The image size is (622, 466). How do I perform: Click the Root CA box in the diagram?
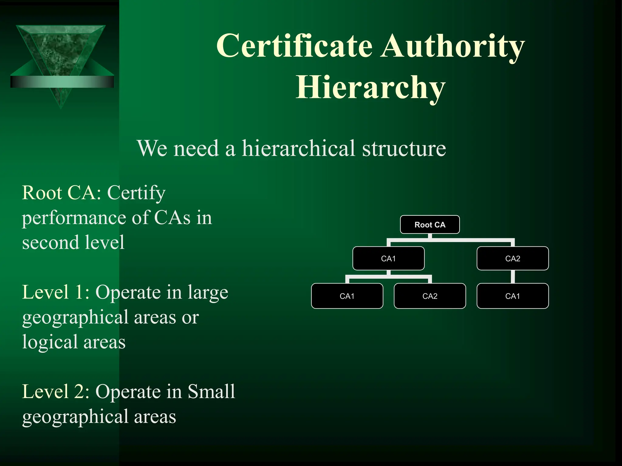[430, 225]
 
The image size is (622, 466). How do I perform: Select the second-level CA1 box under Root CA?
[388, 258]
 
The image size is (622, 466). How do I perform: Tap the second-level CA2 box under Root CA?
[513, 258]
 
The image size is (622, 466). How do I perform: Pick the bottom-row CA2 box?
[430, 296]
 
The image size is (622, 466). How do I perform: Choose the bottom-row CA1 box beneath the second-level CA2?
[513, 296]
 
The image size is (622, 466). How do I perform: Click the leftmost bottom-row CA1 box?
[347, 296]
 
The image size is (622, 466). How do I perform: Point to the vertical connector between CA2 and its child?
[513, 277]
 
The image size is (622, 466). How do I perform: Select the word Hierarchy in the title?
[371, 88]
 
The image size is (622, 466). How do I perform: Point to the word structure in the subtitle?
[404, 149]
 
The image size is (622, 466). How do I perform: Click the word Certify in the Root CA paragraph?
[136, 193]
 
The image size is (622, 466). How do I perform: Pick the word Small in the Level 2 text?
[211, 392]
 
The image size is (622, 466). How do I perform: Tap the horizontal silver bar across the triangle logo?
[62, 82]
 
